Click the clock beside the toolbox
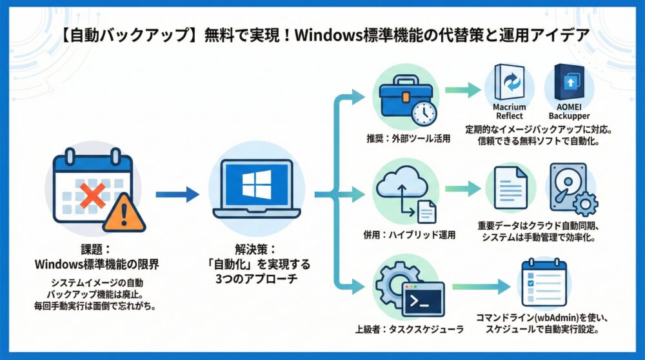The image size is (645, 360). [424, 114]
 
